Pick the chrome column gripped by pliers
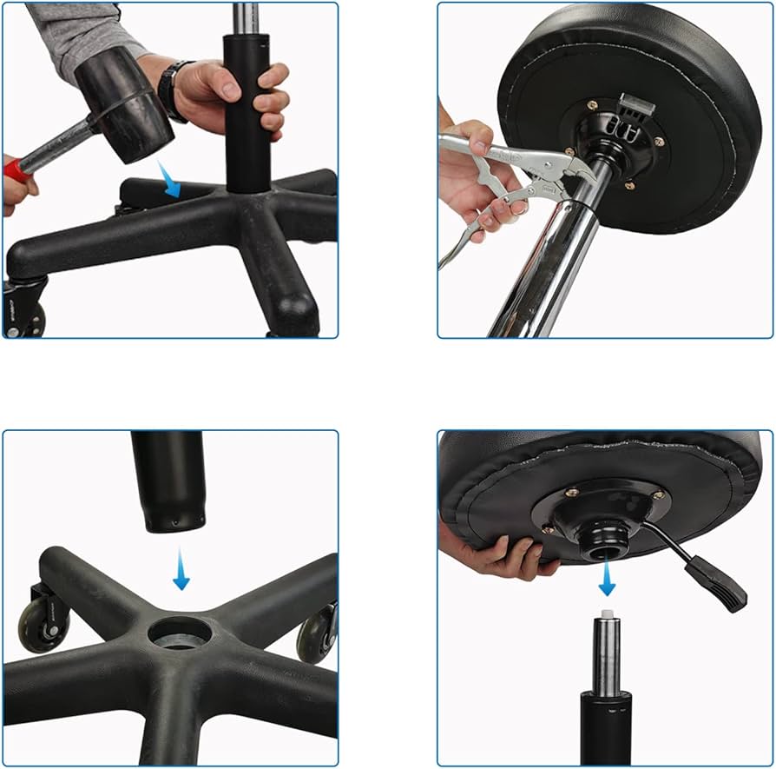pyautogui.click(x=551, y=269)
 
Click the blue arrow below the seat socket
pyautogui.click(x=607, y=579)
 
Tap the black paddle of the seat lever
pyautogui.click(x=716, y=582)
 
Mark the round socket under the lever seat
pyautogui.click(x=604, y=543)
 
